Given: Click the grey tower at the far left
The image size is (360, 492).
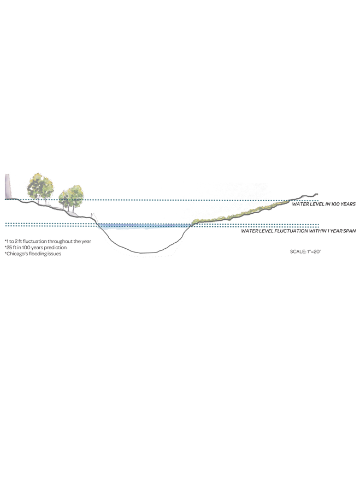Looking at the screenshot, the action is pyautogui.click(x=8, y=186).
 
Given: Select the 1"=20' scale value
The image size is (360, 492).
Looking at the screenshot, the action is pyautogui.click(x=314, y=251).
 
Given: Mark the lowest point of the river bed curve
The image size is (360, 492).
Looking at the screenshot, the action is pyautogui.click(x=145, y=253).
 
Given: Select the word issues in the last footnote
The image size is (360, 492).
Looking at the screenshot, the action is pyautogui.click(x=55, y=254).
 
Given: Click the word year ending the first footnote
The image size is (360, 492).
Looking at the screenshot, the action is pyautogui.click(x=86, y=242).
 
